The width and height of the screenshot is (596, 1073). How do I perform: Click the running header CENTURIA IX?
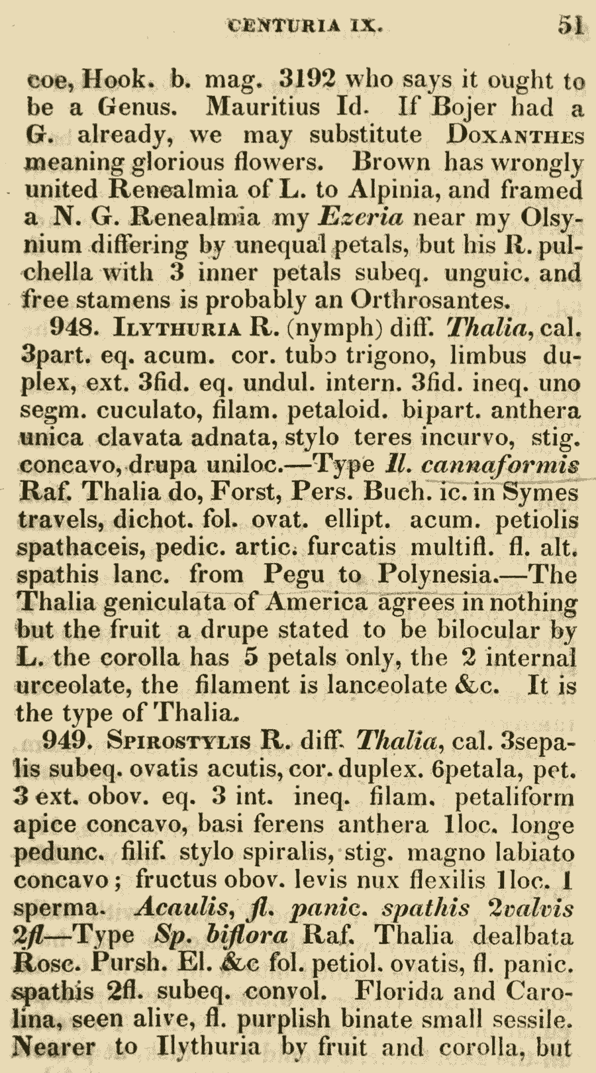tap(305, 26)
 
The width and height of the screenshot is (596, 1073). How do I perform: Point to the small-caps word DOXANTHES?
tap(515, 135)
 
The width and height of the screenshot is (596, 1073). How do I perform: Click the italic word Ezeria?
tap(360, 217)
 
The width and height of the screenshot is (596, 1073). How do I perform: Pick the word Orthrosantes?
tap(430, 301)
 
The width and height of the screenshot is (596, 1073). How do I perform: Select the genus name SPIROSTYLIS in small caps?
tap(179, 741)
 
